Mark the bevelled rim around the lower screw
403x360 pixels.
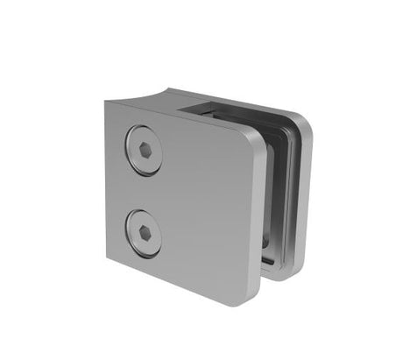(x=129, y=222)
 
